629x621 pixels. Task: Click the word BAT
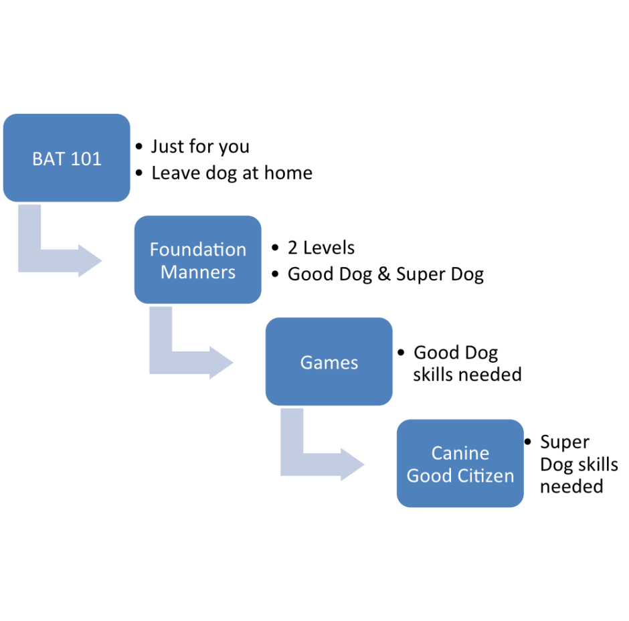pos(46,159)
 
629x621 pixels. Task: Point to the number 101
pos(86,159)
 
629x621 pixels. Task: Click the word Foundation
pos(197,250)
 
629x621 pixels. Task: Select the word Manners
pos(197,272)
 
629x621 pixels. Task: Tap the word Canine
pos(460,453)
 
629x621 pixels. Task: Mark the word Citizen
pos(486,476)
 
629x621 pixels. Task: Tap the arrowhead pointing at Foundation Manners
pos(90,260)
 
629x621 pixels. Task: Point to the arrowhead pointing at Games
pos(221,362)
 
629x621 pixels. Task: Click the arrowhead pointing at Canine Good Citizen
pos(353,464)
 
